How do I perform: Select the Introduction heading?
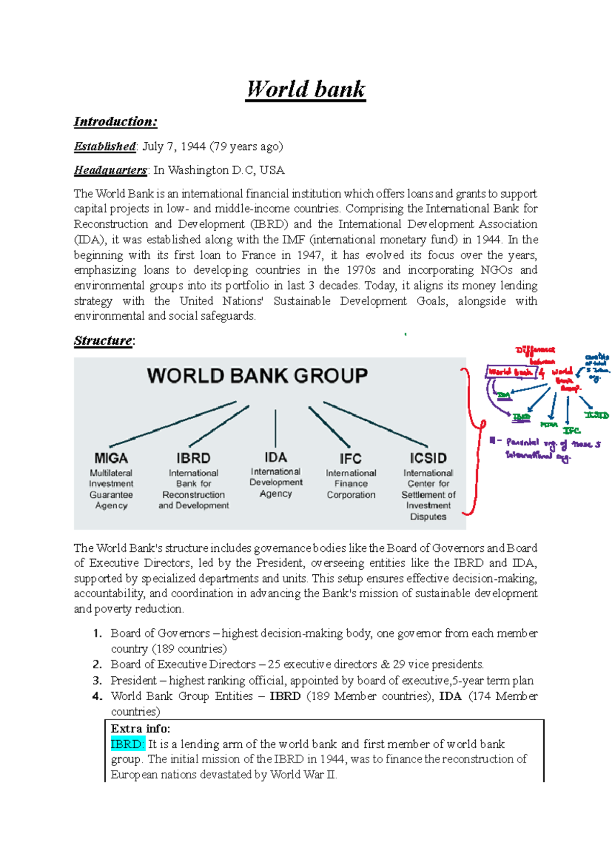[x=115, y=121]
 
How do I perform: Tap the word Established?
[x=105, y=146]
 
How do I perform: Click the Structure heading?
[x=103, y=340]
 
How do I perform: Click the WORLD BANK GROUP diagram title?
[x=257, y=376]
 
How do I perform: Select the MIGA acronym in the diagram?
[x=111, y=458]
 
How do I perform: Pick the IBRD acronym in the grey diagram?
[x=193, y=458]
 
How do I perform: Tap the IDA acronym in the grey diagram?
[x=275, y=457]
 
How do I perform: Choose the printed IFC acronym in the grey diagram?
[x=350, y=459]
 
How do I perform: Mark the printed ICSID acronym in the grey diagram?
[x=428, y=458]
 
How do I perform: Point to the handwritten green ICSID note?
[x=596, y=415]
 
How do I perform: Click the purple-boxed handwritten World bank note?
[x=511, y=372]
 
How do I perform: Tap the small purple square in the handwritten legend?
[x=492, y=440]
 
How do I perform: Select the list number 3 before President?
[x=97, y=680]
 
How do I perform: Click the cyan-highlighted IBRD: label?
[x=127, y=744]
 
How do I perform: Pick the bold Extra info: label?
[x=140, y=728]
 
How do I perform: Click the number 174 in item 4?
[x=480, y=696]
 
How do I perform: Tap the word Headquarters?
[x=110, y=170]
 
